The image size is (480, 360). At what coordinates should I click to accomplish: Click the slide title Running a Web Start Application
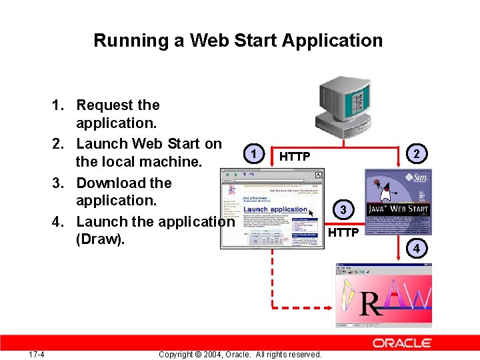tap(238, 41)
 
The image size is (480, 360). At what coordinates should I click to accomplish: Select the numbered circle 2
tap(417, 154)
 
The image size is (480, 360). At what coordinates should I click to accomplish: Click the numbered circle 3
tap(343, 211)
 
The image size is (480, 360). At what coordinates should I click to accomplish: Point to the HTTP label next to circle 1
tap(295, 157)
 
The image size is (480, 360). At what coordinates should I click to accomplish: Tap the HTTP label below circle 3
tap(343, 232)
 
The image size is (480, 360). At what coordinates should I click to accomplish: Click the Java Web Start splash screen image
tap(399, 202)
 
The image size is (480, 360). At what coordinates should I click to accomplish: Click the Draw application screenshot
tap(383, 295)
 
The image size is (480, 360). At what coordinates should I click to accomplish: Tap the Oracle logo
tap(402, 343)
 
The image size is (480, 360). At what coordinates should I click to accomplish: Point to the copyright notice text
tap(240, 354)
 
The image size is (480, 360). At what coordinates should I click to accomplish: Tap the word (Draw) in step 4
tap(100, 239)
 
